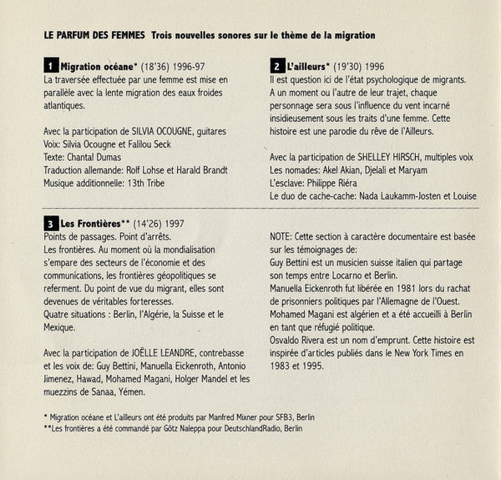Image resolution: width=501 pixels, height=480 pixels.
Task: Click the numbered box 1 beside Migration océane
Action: click(x=51, y=64)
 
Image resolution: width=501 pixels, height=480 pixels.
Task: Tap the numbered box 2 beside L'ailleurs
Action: click(x=276, y=64)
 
